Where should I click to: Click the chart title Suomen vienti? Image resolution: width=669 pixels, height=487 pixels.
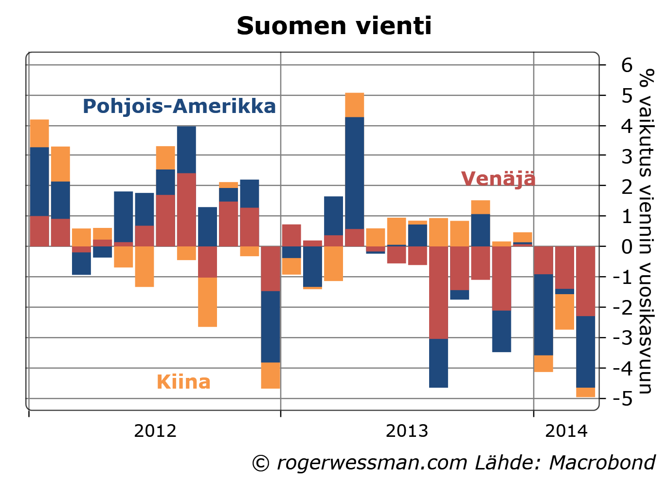point(334,26)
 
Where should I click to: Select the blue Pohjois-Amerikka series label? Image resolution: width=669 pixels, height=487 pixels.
point(179,106)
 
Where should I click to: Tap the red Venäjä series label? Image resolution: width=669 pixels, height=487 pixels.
point(498,179)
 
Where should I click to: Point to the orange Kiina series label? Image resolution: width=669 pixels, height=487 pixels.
point(183,382)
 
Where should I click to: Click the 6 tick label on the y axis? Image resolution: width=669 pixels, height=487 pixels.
point(627,65)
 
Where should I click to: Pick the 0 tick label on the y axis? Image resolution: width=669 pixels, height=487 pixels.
point(627,246)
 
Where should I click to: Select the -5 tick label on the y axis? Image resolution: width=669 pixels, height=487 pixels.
point(623,399)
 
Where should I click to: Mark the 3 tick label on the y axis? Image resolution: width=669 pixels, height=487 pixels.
point(627,156)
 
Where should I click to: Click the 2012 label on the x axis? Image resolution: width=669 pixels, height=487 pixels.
point(155,431)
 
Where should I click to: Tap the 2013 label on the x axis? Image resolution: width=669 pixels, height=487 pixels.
point(407,431)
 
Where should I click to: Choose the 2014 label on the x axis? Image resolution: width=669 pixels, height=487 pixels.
point(566,431)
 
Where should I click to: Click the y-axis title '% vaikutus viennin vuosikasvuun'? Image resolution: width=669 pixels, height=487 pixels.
point(646,231)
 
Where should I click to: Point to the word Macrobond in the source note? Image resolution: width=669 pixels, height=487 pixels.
point(602,463)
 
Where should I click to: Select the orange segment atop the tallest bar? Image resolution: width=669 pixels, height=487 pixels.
point(354,105)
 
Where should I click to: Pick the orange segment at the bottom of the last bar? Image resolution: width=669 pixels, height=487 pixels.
point(585,392)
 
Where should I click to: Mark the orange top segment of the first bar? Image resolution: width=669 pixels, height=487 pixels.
point(39,133)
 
